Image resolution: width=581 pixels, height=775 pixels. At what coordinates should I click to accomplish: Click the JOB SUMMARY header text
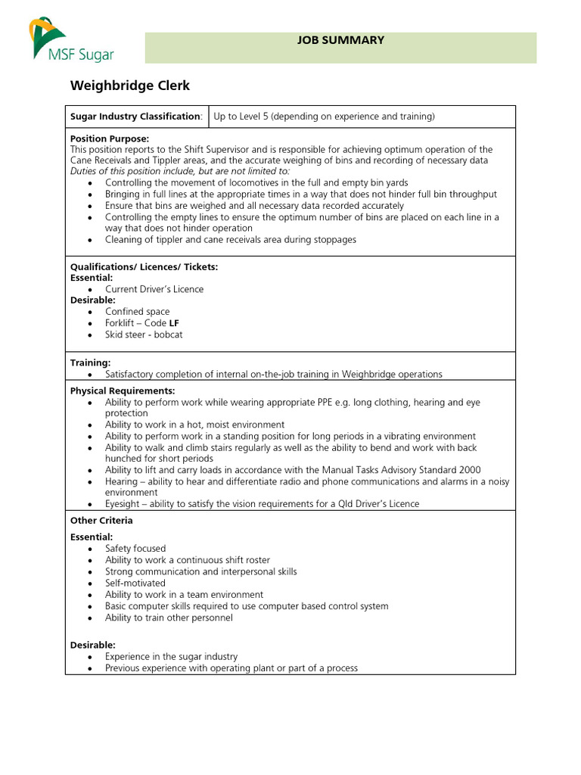[340, 40]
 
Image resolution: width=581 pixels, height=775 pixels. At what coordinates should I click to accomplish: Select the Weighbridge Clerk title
[129, 86]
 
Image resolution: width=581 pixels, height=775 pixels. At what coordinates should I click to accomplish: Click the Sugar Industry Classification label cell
[136, 117]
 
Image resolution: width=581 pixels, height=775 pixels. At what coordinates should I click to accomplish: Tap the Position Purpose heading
[109, 139]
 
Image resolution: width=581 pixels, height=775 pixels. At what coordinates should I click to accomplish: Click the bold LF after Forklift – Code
[174, 323]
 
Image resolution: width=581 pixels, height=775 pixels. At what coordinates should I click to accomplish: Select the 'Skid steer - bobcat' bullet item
[144, 335]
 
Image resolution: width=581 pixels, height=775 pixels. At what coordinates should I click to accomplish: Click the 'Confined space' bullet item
[137, 312]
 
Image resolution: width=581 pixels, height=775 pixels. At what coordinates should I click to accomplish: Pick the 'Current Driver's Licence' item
[154, 289]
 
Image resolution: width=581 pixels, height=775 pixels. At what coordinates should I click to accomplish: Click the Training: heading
[90, 363]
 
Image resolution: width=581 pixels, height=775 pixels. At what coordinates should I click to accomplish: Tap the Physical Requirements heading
[122, 391]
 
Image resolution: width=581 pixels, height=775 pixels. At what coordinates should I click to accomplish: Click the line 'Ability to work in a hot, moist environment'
[194, 425]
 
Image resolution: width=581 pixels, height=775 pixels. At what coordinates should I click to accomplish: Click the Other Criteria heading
[101, 521]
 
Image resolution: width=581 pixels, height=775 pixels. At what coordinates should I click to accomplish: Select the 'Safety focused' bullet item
[135, 549]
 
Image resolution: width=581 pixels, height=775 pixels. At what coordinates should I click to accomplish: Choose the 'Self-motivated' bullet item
[135, 584]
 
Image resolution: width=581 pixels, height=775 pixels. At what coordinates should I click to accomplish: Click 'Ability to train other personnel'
[169, 618]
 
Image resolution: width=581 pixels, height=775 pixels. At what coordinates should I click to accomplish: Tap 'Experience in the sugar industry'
[171, 657]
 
